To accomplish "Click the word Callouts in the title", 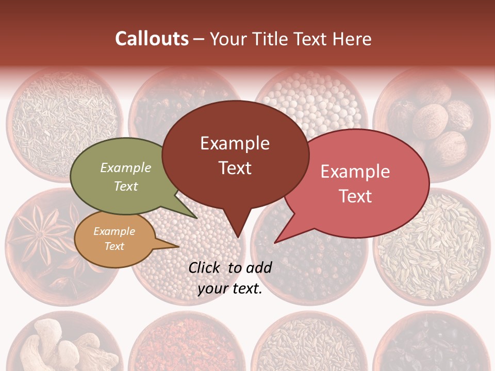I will tap(152, 39).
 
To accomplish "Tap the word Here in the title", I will tap(352, 39).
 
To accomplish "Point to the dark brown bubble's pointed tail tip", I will tap(238, 237).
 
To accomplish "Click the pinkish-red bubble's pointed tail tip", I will tap(275, 242).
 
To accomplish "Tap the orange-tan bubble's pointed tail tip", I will tap(178, 247).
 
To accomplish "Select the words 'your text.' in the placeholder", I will tap(230, 289).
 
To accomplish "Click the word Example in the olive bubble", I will tap(126, 168).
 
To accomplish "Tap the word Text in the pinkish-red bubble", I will tap(355, 196).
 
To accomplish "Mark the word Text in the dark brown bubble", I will tap(235, 168).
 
